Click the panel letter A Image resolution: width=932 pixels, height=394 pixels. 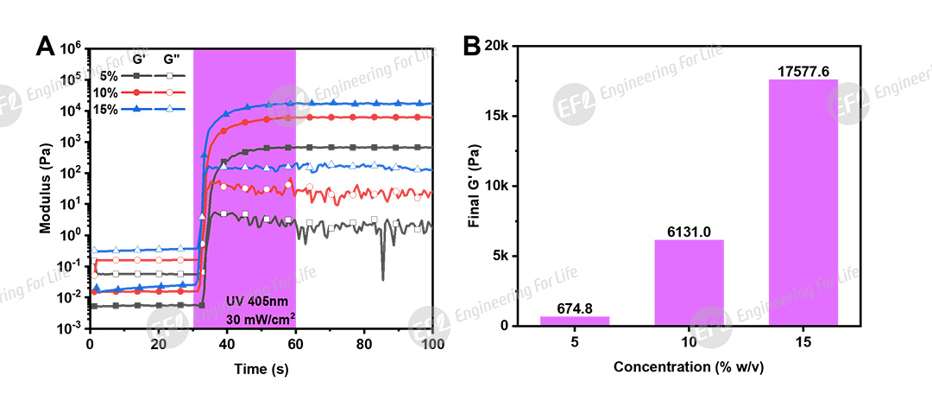point(45,45)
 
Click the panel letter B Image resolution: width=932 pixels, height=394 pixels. point(472,45)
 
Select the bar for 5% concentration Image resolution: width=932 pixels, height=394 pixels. point(575,321)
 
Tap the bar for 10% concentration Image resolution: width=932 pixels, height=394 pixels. point(689,283)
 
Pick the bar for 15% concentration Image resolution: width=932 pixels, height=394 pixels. point(803,202)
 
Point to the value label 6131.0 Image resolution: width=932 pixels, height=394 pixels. point(689,232)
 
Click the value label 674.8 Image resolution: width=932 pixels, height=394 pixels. point(575,308)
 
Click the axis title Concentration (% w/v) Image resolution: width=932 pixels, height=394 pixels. point(689,367)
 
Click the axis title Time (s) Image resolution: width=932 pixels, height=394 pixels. point(261,367)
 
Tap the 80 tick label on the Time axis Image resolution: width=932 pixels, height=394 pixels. point(364,343)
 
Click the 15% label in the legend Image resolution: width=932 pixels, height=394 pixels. point(107,109)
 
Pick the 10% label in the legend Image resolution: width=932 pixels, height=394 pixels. point(107,92)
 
